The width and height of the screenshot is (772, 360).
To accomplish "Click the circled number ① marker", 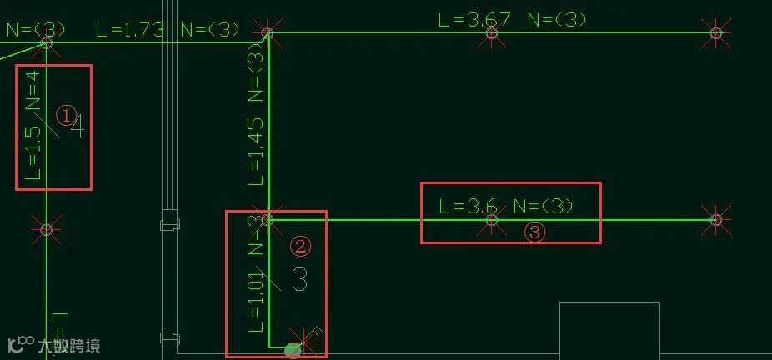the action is (x=66, y=115).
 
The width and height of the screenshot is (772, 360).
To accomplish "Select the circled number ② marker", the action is (x=300, y=246).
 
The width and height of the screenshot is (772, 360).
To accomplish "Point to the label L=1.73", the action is (x=130, y=30).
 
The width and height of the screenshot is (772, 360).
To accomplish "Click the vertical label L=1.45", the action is (x=256, y=150).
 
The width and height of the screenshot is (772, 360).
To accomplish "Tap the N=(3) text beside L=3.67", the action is (x=556, y=18).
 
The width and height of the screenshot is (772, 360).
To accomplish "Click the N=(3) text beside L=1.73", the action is (x=210, y=30).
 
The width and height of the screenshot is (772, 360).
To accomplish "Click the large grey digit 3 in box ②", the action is (x=300, y=280).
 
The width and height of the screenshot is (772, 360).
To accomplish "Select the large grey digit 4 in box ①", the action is (x=78, y=127).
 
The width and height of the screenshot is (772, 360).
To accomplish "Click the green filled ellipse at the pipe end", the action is (x=293, y=349).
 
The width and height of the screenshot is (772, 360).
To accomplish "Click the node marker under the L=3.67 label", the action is (x=492, y=33).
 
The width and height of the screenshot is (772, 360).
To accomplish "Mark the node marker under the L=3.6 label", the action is (x=492, y=219).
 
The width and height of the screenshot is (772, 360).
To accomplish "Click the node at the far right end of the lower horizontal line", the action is (x=715, y=219).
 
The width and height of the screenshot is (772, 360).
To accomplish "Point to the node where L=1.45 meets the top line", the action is (x=268, y=33).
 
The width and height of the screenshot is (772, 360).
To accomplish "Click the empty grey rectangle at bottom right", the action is (x=609, y=330).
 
